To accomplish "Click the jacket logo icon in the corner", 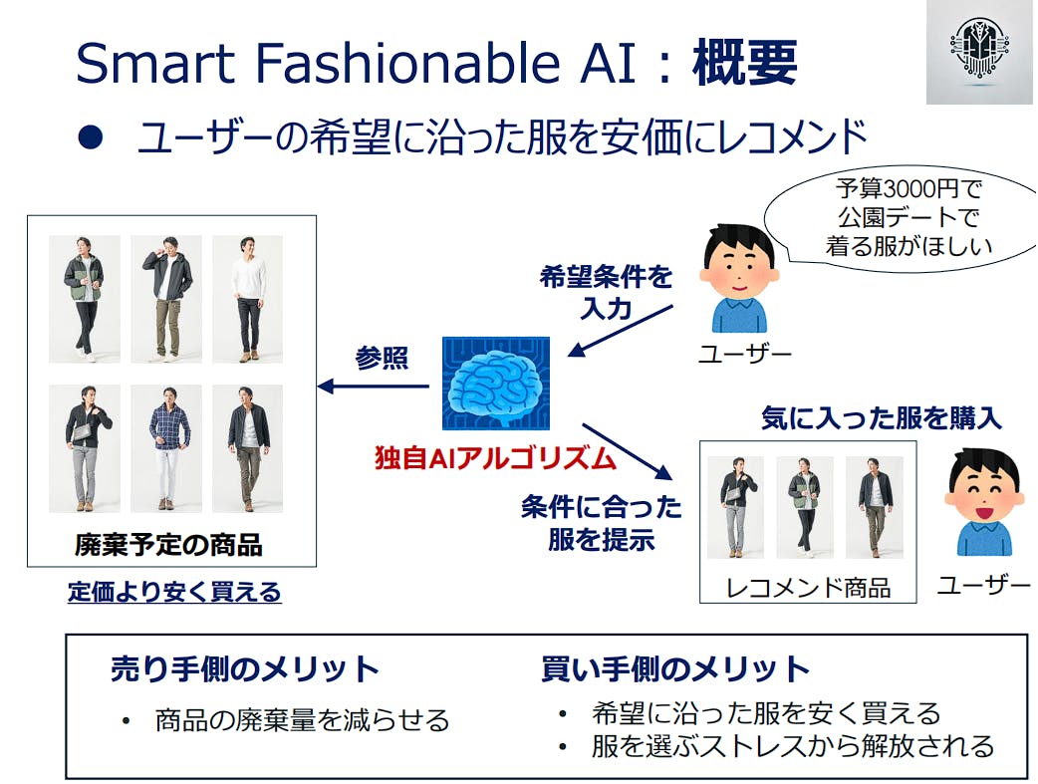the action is point(979,52).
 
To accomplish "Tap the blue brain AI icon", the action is point(496,384).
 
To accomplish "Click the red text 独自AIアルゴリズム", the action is point(496,458).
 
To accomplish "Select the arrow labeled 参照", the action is point(374,387).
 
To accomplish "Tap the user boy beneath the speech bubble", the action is point(739,279).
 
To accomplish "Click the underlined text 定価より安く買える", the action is point(174,592).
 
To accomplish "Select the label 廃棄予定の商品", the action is point(168,545).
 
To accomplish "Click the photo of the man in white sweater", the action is point(248,299).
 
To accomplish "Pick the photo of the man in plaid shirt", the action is point(166,448).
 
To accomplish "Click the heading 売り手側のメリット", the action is point(244,668).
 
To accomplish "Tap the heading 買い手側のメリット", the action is point(675,668).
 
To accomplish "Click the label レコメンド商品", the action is point(808,588).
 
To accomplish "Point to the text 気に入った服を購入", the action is point(882,418).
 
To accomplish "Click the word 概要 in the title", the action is point(745,63).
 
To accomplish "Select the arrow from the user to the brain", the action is point(621,331).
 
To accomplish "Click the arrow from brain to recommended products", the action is point(627,451).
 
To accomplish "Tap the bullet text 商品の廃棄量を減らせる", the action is point(302,720).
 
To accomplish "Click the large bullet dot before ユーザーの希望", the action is point(91,137).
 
